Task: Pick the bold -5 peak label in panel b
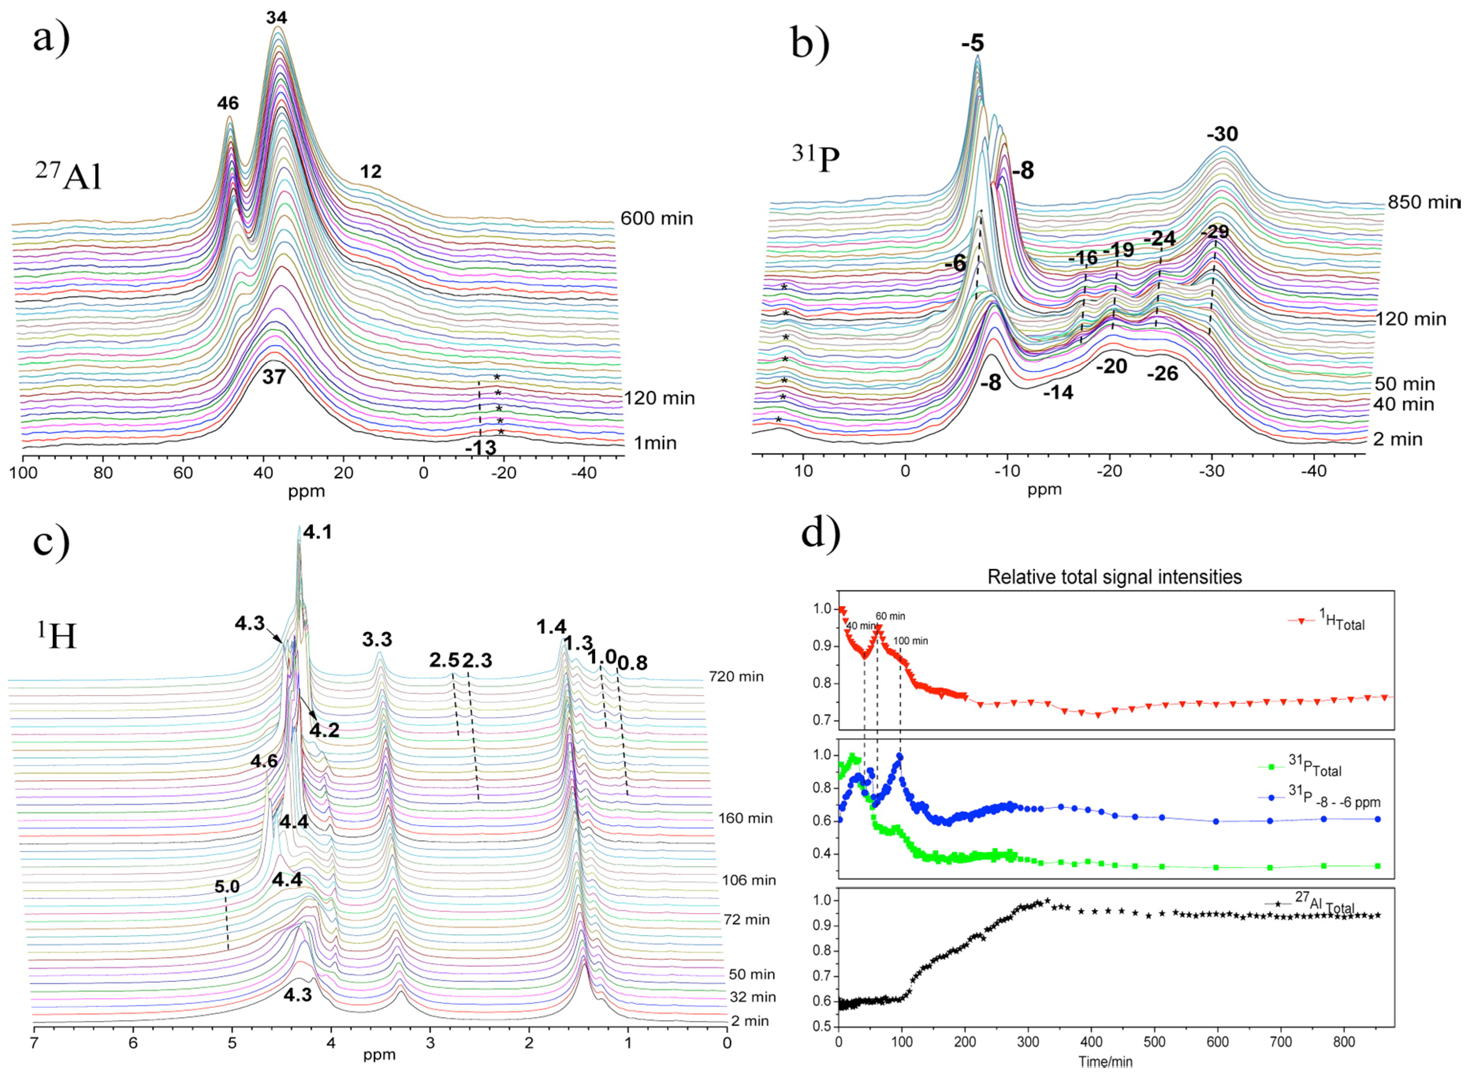(973, 44)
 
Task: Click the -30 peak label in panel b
(1222, 134)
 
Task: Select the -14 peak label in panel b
(1058, 392)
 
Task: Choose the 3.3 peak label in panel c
(377, 639)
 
